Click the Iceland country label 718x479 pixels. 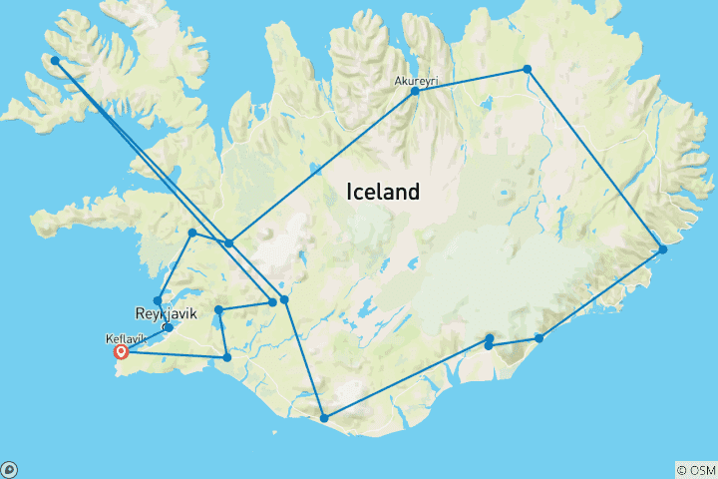[383, 192]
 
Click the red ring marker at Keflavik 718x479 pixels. [122, 351]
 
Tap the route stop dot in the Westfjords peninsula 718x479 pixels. [55, 60]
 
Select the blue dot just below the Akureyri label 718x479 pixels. [415, 92]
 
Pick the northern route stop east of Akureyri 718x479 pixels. [527, 69]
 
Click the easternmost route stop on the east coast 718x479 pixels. [662, 248]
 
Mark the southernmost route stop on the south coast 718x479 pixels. [323, 418]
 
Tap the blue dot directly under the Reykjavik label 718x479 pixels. [169, 327]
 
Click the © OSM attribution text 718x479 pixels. [695, 470]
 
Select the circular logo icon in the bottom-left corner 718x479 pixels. [8, 470]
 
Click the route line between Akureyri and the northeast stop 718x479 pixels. [471, 80]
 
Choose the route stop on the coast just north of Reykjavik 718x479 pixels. [158, 300]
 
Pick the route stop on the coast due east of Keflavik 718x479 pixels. [227, 357]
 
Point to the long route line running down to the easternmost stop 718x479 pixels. [594, 159]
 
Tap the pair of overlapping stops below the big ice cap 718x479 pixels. [489, 342]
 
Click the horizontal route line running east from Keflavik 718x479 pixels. [175, 354]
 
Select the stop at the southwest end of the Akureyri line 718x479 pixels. [229, 242]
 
